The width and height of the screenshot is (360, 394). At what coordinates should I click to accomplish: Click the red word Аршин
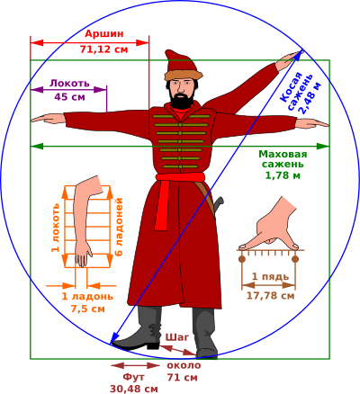pos(104,33)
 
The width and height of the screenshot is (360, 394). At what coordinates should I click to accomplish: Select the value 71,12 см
pos(103,49)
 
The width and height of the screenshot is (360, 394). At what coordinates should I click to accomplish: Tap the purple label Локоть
pos(69,83)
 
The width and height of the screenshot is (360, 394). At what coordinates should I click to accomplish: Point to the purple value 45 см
pos(69,97)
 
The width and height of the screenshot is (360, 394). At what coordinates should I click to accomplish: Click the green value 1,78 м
pos(283,175)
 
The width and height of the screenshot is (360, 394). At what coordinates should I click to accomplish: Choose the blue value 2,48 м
pos(310,98)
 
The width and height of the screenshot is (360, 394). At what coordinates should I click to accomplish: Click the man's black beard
pos(181,102)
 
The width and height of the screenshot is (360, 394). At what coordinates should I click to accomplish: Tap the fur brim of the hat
pos(183,75)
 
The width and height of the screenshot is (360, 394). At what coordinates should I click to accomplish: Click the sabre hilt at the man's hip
pos(218,203)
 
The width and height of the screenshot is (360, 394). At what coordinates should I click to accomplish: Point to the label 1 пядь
pos(270,276)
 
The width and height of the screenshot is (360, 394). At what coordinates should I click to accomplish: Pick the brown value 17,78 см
pos(271,296)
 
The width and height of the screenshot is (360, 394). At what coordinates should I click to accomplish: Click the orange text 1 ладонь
pos(87,296)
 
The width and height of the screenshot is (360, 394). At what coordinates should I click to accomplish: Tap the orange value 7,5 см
pos(88,309)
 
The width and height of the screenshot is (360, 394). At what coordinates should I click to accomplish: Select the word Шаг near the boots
pos(177,337)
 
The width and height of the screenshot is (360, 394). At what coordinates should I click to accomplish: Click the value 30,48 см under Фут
pos(133,389)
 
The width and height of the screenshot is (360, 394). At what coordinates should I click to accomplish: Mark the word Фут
pos(134,377)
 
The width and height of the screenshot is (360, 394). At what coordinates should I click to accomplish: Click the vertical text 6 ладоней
pos(119,227)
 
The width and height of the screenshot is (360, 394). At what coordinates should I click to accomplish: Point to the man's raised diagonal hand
pos(290,58)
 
